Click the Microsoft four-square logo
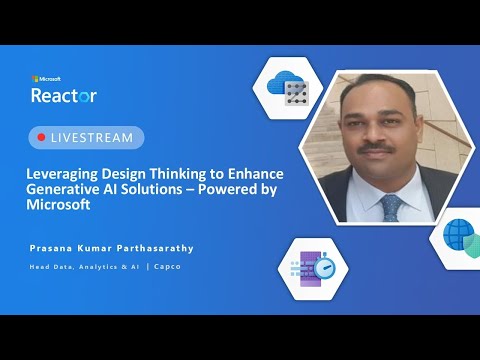(35, 79)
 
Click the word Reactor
(64, 95)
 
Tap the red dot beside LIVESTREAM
(41, 137)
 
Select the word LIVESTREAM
(92, 138)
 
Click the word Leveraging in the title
(62, 174)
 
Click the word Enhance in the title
(256, 174)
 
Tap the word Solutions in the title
(151, 189)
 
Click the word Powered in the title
(227, 189)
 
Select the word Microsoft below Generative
(58, 204)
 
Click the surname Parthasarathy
(155, 248)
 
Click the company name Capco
(167, 267)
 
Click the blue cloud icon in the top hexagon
(281, 83)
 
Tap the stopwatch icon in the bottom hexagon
(325, 266)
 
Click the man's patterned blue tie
(391, 208)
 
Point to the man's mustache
(376, 148)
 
